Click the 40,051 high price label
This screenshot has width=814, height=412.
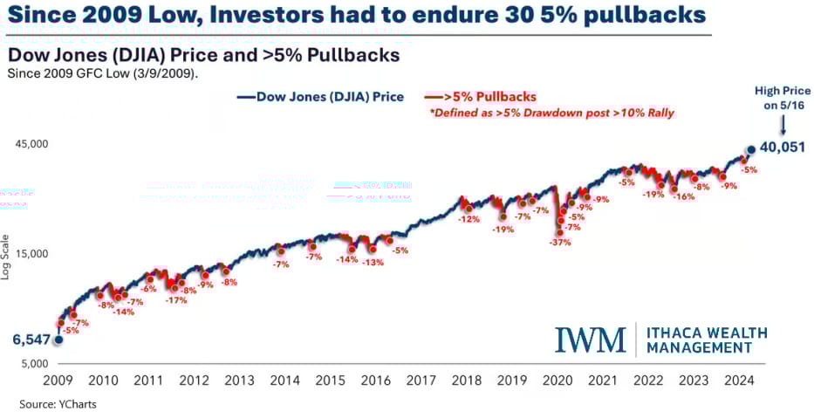781,148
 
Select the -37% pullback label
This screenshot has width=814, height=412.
560,242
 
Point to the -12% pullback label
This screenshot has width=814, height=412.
469,219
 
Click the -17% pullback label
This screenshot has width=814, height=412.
177,300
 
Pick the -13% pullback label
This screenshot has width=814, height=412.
373,262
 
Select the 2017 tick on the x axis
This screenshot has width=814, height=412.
421,381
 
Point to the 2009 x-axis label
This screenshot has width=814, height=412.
58,381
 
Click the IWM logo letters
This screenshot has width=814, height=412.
591,340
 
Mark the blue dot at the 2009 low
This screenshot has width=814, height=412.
58,340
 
